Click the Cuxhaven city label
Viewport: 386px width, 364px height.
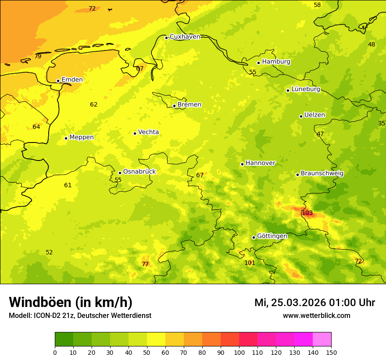(185, 37)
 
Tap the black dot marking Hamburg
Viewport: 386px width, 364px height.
(259, 63)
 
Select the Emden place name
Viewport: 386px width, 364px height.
(72, 80)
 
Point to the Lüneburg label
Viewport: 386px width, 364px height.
(306, 89)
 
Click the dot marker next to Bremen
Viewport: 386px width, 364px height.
(174, 106)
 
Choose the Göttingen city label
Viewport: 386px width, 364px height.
(272, 236)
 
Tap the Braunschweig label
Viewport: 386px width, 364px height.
(322, 174)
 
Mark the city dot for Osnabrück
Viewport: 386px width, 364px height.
(120, 173)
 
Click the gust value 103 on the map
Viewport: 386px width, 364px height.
(307, 213)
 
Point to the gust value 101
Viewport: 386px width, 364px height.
(250, 263)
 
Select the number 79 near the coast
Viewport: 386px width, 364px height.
(38, 57)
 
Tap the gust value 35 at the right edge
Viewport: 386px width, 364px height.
(382, 124)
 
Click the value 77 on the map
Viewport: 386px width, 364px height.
(145, 264)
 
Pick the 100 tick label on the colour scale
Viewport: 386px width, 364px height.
(239, 352)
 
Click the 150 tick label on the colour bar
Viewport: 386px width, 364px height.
(331, 352)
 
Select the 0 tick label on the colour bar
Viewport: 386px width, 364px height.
(55, 352)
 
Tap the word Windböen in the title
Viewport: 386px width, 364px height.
(39, 302)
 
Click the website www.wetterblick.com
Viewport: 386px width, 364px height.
(316, 316)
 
